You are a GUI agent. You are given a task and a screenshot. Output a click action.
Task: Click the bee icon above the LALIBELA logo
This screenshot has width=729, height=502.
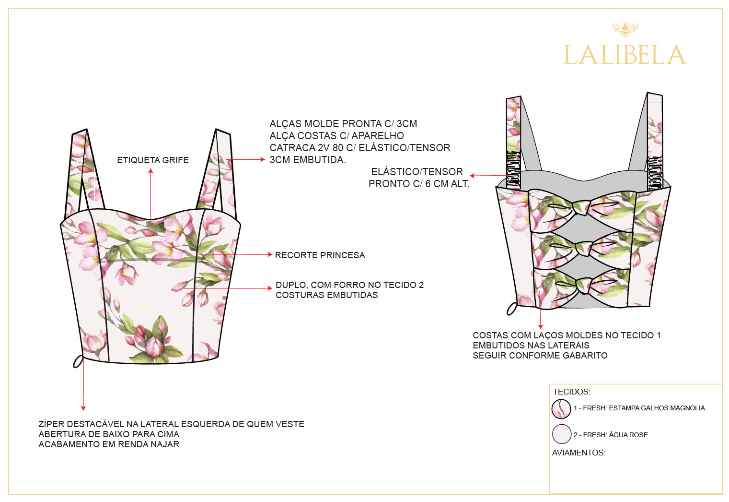click(625, 29)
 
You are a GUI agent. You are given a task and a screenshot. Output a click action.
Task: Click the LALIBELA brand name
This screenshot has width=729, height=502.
click(625, 55)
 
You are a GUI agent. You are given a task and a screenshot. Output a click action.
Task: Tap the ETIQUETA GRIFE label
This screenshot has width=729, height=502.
click(153, 160)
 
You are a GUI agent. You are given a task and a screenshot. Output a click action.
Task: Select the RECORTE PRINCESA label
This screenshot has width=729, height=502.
click(320, 255)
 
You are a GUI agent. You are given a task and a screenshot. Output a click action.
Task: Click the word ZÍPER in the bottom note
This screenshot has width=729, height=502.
click(51, 424)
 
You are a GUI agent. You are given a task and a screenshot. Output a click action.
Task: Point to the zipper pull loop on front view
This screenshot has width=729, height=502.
click(78, 361)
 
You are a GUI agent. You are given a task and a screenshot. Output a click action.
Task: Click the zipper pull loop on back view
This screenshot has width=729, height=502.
click(512, 308)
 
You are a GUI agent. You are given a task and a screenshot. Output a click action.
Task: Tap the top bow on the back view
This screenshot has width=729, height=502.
click(583, 207)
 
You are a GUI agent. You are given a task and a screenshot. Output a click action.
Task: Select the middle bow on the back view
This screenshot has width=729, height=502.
click(583, 247)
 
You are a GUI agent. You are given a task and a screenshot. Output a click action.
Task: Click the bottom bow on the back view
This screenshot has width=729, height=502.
click(583, 285)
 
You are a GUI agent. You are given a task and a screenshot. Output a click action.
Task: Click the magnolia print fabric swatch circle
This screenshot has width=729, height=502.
click(561, 409)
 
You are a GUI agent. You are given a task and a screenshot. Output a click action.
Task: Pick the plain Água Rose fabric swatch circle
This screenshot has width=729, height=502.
click(561, 434)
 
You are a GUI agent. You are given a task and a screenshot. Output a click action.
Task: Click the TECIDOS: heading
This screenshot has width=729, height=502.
click(571, 392)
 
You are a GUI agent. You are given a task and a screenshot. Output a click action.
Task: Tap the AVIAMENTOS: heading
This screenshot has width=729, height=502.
click(579, 453)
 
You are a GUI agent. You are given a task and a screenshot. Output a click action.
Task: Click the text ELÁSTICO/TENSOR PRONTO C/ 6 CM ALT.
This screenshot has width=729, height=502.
click(418, 178)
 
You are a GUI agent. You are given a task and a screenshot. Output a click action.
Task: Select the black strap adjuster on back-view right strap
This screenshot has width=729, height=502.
click(654, 173)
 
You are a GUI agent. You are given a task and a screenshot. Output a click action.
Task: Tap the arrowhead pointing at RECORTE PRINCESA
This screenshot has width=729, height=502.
click(270, 254)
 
